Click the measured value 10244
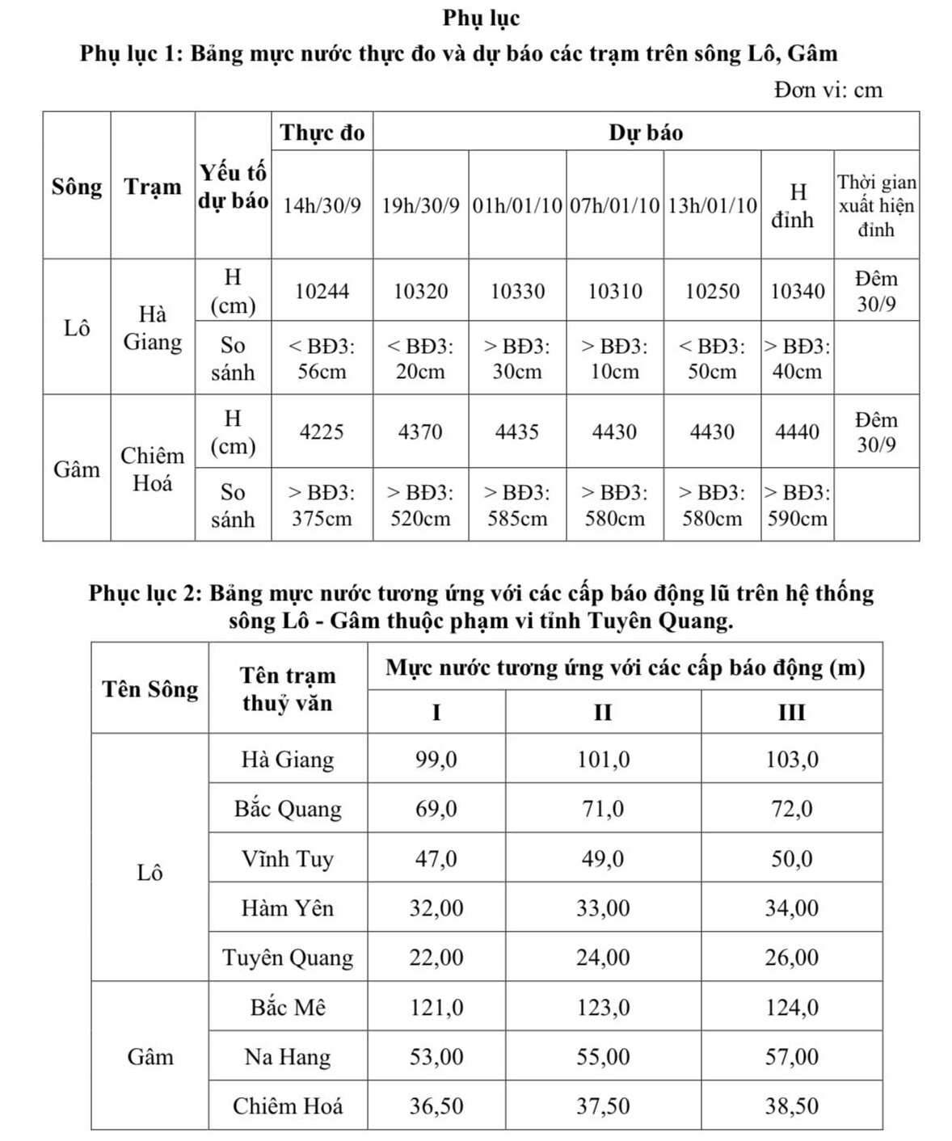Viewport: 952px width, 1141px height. (322, 291)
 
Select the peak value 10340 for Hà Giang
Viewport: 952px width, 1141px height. (797, 291)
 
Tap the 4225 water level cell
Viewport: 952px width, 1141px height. (322, 432)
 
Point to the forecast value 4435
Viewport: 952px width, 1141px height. (517, 432)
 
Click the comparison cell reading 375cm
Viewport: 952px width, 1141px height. (322, 506)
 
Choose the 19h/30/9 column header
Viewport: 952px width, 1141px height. (420, 205)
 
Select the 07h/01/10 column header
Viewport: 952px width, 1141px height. (615, 205)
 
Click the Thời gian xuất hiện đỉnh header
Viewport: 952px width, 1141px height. (876, 205)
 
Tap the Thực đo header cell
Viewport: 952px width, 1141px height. (322, 133)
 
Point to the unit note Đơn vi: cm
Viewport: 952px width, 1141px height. (828, 89)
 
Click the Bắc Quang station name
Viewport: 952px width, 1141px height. (288, 809)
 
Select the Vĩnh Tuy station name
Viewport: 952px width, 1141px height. (288, 858)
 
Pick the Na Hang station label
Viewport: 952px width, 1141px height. (288, 1057)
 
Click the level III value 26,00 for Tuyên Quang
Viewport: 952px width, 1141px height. (791, 958)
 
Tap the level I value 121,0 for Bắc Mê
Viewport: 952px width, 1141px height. (436, 1008)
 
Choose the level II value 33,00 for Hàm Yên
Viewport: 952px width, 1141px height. (603, 908)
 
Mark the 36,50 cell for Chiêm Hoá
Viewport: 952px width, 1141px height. (436, 1106)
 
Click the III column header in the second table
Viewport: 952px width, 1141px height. (791, 712)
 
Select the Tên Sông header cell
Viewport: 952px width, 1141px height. (150, 689)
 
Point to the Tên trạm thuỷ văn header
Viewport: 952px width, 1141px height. (288, 689)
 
